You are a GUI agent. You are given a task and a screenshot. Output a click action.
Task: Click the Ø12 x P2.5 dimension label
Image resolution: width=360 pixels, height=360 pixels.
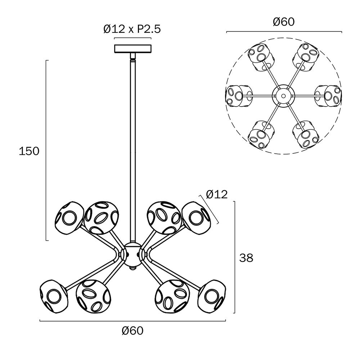132,30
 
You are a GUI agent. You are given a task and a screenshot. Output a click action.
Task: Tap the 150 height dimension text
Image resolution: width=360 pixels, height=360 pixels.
29,151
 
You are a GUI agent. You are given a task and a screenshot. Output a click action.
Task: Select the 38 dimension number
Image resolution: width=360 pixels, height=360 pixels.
246,258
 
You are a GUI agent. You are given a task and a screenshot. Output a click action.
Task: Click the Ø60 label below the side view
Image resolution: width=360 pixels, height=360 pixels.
132,330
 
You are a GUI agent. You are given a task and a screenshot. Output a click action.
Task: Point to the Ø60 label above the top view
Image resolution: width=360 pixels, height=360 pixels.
284,22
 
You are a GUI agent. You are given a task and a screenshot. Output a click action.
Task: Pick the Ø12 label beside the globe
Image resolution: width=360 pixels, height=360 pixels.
217,194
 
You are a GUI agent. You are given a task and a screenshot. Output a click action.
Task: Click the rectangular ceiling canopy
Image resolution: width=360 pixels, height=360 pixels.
133,49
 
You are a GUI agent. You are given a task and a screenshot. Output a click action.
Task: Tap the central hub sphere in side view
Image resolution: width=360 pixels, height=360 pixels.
132,255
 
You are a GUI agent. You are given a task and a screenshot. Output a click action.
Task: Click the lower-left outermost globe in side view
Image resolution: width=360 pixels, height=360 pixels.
54,296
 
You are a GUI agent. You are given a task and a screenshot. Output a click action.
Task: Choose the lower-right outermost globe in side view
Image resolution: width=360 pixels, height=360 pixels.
212,296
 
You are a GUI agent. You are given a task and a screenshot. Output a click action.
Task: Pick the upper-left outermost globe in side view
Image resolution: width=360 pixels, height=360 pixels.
69,218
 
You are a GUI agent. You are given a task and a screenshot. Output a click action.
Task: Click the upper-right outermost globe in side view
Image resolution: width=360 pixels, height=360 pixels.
197,218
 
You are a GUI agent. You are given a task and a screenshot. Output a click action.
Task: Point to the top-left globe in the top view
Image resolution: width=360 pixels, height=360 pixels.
261,57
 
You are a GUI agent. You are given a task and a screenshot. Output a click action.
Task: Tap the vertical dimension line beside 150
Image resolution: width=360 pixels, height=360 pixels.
46,150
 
